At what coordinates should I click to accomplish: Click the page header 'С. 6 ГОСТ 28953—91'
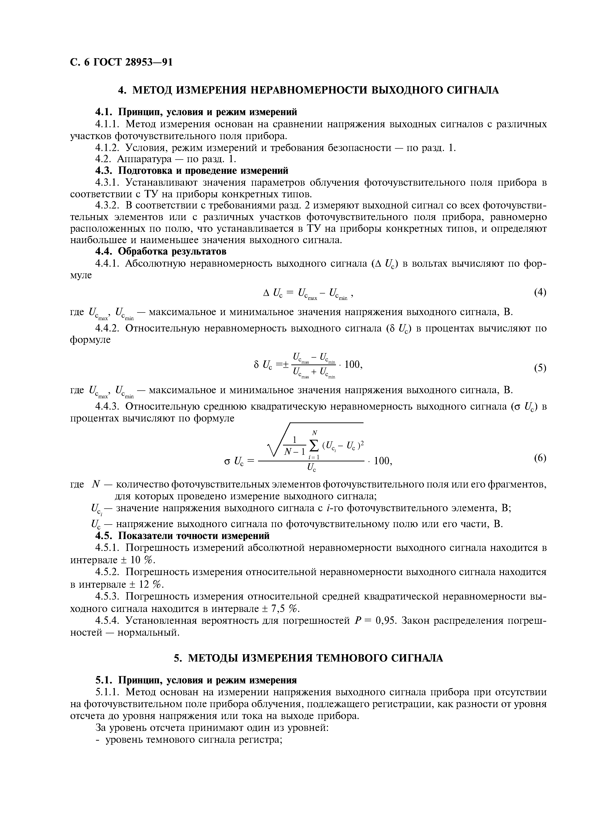click(121, 62)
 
